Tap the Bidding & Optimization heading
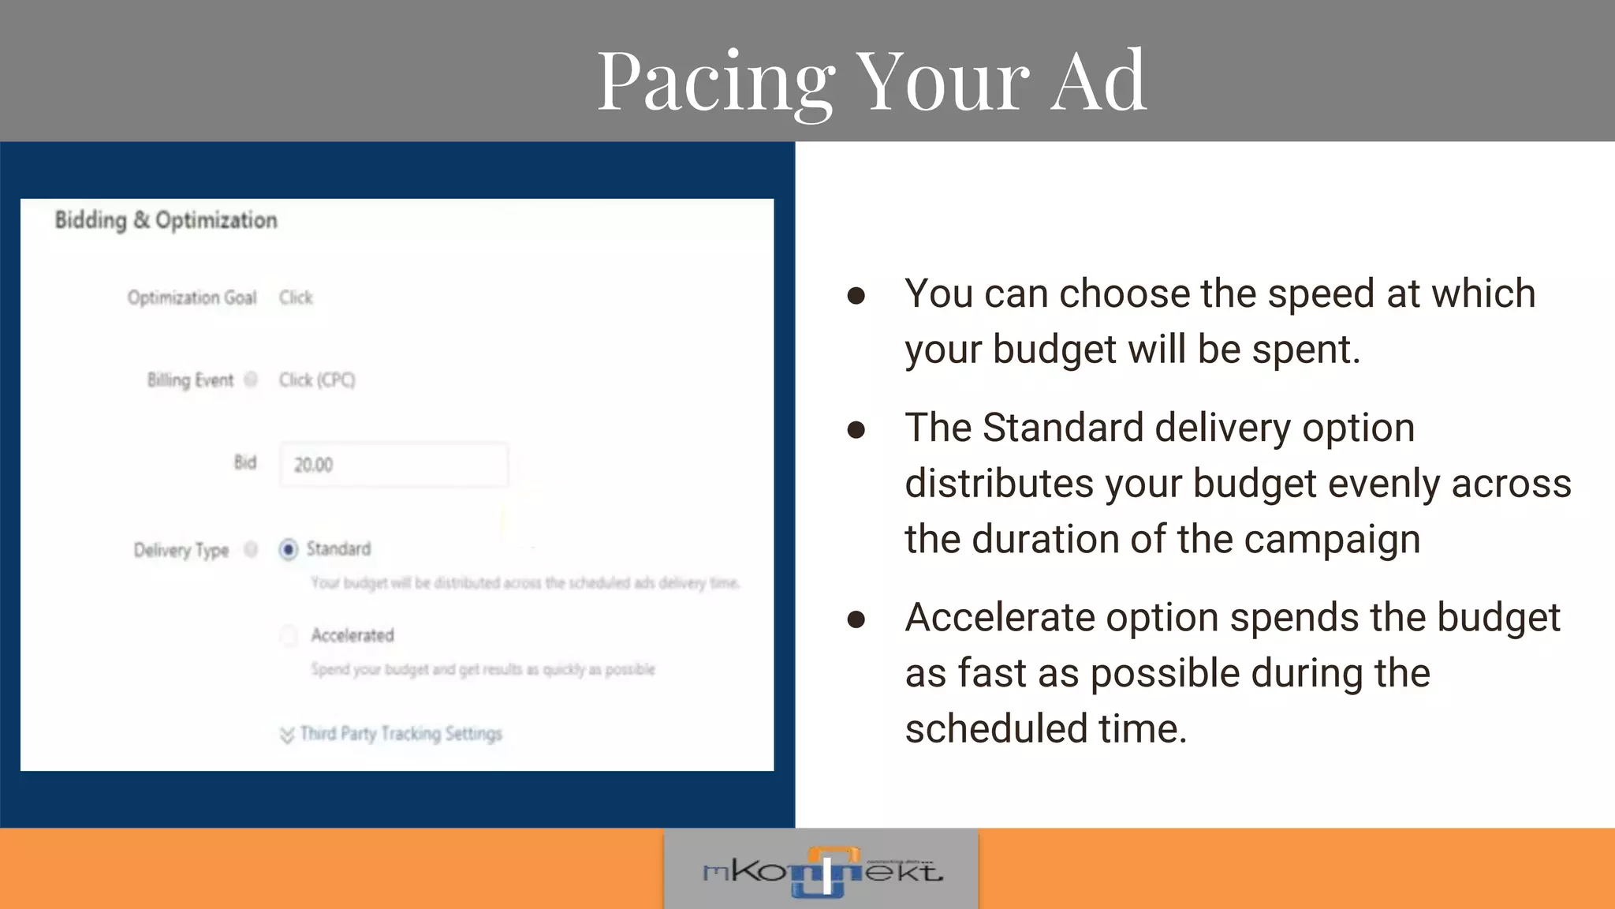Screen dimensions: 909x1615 166,220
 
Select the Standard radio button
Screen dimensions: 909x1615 289,549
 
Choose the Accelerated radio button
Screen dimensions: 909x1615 289,635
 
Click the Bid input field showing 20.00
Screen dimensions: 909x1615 393,465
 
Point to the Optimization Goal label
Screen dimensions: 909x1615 192,297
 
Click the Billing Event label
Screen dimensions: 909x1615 190,380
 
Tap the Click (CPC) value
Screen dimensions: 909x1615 317,380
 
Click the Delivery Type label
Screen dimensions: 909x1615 181,550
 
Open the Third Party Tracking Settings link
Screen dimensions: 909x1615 401,734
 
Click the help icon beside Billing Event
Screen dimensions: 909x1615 251,380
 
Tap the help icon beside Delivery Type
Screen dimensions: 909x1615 251,549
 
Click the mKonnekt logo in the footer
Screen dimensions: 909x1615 822,871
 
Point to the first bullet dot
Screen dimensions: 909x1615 856,297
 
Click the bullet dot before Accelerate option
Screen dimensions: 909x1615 856,620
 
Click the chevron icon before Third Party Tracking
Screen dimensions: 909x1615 287,735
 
